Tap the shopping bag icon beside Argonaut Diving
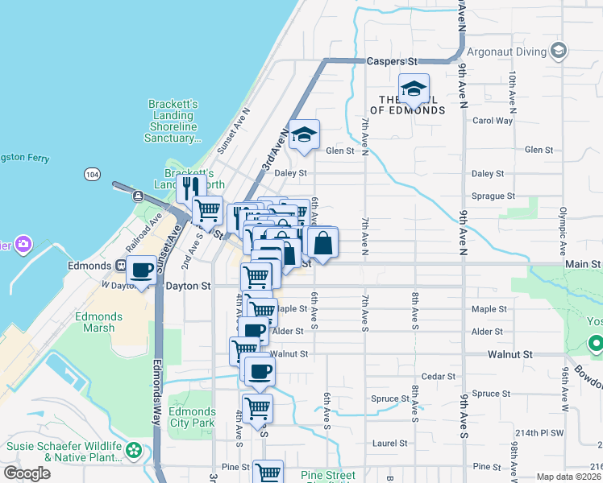pos(558,52)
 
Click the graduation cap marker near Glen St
pos(303,136)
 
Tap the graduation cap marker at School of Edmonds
pos(413,89)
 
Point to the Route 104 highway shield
pos(91,174)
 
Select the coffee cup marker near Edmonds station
pos(142,270)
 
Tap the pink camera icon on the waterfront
pos(23,243)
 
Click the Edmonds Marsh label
pos(98,322)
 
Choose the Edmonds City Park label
pos(192,417)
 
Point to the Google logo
pos(27,473)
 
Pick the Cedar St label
pos(439,377)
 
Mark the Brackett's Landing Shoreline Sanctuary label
pos(173,121)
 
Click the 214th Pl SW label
pos(540,433)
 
